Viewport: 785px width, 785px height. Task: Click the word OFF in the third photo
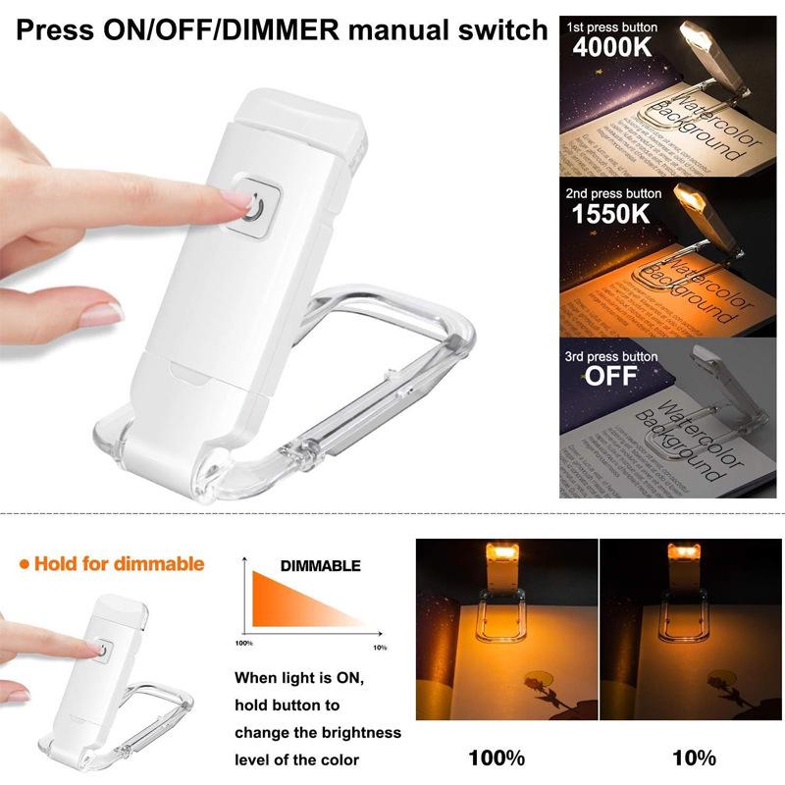[610, 375]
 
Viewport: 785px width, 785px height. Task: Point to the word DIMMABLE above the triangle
[320, 566]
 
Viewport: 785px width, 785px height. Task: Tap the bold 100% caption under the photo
[496, 757]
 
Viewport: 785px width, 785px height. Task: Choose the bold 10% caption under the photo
[692, 757]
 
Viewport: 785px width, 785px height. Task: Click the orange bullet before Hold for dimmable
[24, 564]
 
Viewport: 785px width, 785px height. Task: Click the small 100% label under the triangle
[245, 644]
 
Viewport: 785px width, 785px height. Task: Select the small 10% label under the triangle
[379, 648]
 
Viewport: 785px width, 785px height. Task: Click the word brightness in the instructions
[361, 733]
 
